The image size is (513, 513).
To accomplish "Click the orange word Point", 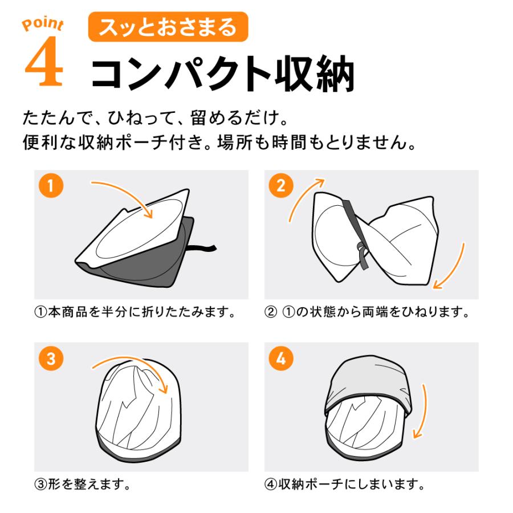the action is coord(43,25).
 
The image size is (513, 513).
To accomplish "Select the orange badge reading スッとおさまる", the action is coord(168,27).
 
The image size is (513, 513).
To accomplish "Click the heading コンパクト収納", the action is coord(222,74).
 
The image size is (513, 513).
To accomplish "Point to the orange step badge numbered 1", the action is coord(51,186).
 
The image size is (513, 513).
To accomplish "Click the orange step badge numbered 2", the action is coord(281,186).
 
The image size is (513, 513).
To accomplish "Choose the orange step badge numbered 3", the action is coord(51,359).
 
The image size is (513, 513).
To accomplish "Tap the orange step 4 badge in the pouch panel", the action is coord(281,359).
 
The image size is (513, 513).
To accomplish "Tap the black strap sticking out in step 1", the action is coord(203,249).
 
